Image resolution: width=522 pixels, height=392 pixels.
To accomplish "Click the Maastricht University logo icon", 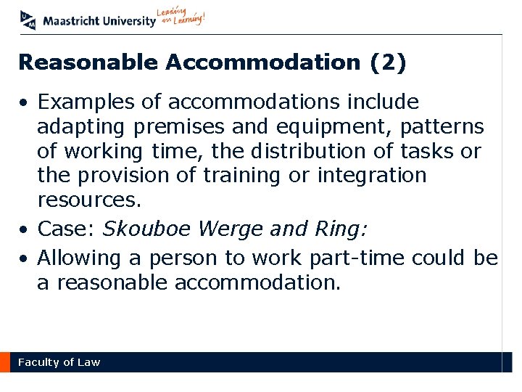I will point(28,20).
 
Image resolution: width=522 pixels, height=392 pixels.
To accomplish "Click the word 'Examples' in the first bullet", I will point(86,102).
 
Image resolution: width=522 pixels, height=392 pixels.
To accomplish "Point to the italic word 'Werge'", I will point(223,229).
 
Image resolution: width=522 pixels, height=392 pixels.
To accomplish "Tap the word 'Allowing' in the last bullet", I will point(82,258).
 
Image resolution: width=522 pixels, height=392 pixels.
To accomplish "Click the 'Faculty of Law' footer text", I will point(59,362).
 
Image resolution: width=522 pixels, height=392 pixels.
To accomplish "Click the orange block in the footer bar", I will point(5,362).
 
